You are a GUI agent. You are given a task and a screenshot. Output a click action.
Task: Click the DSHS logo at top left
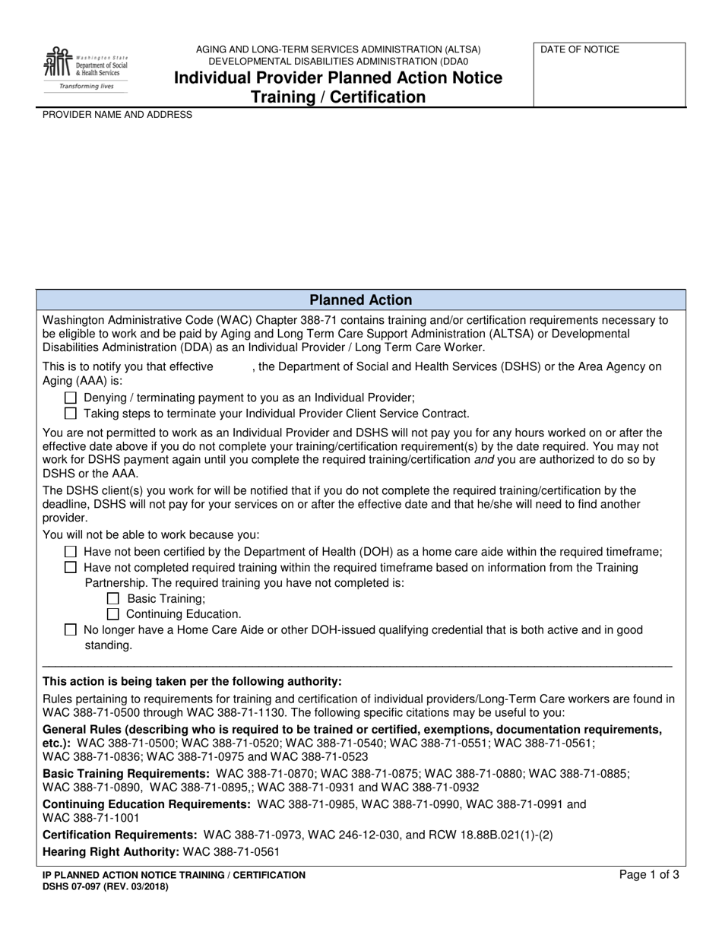85,68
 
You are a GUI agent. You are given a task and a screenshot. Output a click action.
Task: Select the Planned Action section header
361,300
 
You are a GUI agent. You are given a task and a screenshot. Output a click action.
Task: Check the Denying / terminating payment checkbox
71,398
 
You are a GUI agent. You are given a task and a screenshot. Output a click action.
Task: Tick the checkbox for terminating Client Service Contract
71,414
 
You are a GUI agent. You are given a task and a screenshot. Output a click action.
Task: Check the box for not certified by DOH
71,552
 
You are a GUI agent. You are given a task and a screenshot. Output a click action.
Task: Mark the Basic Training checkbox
113,598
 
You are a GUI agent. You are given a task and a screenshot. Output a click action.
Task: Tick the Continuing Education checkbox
113,614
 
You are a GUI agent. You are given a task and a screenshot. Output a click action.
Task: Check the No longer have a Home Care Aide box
71,630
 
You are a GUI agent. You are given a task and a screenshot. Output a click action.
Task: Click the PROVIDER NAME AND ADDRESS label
117,115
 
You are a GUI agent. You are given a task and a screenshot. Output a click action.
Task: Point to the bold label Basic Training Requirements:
126,773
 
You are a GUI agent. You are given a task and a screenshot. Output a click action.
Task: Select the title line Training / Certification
338,97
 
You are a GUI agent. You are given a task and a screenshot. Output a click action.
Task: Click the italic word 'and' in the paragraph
484,460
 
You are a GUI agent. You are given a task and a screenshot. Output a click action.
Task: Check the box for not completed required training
71,568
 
